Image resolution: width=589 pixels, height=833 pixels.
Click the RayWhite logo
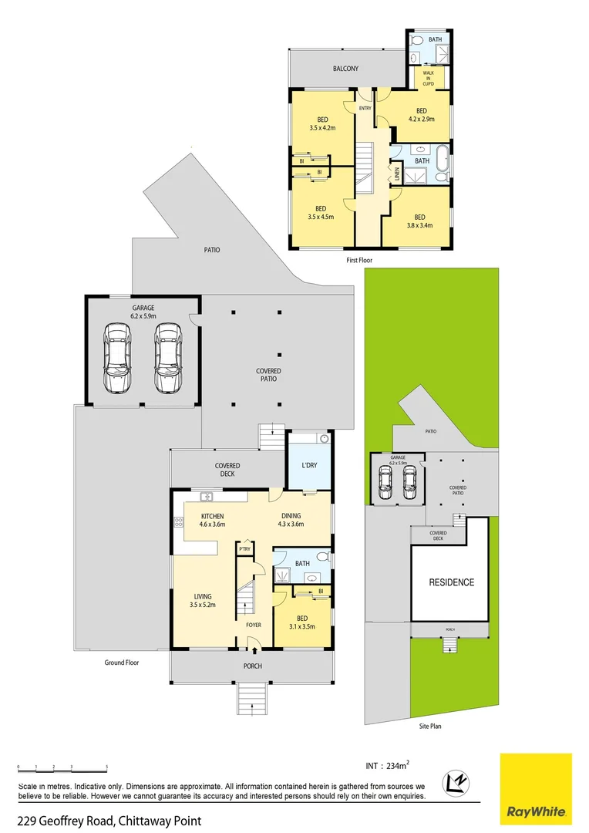536,788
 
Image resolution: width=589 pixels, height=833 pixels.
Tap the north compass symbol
456,783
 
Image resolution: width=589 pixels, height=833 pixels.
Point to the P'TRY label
245,548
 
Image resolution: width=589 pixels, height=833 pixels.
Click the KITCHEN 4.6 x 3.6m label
212,520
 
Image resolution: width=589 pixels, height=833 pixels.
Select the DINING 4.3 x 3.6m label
291,520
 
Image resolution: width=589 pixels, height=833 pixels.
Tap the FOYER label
254,626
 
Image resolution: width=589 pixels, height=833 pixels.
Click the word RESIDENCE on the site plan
452,582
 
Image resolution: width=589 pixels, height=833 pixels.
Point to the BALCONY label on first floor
345,69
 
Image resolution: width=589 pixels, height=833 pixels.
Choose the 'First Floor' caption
359,261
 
